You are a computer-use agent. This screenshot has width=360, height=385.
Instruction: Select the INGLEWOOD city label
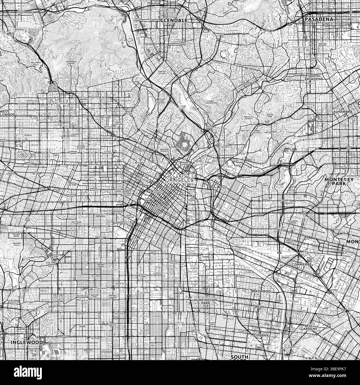click(x=27, y=342)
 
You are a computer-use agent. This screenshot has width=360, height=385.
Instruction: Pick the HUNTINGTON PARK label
click(x=206, y=301)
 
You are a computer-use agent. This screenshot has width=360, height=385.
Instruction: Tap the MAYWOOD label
click(x=261, y=291)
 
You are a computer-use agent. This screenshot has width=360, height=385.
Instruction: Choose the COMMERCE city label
click(x=301, y=265)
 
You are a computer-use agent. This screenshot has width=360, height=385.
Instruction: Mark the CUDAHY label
click(x=261, y=335)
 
